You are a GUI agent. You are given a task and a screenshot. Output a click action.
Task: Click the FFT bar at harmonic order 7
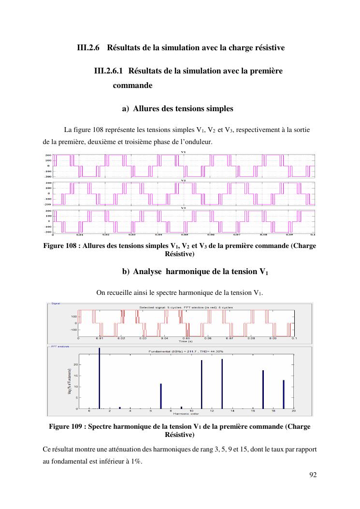click(161, 396)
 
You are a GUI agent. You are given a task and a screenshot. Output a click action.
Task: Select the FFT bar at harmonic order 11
click(202, 384)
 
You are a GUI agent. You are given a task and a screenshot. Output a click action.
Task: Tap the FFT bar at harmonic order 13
click(222, 384)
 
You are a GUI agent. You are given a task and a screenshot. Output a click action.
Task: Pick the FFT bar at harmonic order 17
click(263, 390)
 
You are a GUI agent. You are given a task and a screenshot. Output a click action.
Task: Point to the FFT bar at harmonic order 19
click(284, 394)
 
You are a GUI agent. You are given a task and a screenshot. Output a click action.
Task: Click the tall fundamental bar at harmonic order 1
click(100, 378)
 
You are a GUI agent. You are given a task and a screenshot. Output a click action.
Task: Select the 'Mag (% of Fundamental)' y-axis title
click(71, 380)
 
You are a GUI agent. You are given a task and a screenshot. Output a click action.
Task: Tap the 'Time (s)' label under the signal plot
click(186, 341)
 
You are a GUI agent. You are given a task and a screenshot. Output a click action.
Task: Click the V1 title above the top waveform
click(183, 152)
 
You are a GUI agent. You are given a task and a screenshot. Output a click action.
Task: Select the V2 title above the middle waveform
click(183, 180)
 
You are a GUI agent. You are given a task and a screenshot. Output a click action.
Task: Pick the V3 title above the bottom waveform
click(183, 208)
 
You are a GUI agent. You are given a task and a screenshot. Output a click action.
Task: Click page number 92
click(313, 475)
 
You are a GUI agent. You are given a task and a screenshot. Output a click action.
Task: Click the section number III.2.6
click(88, 48)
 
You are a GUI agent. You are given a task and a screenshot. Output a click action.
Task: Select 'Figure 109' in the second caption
click(68, 427)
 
